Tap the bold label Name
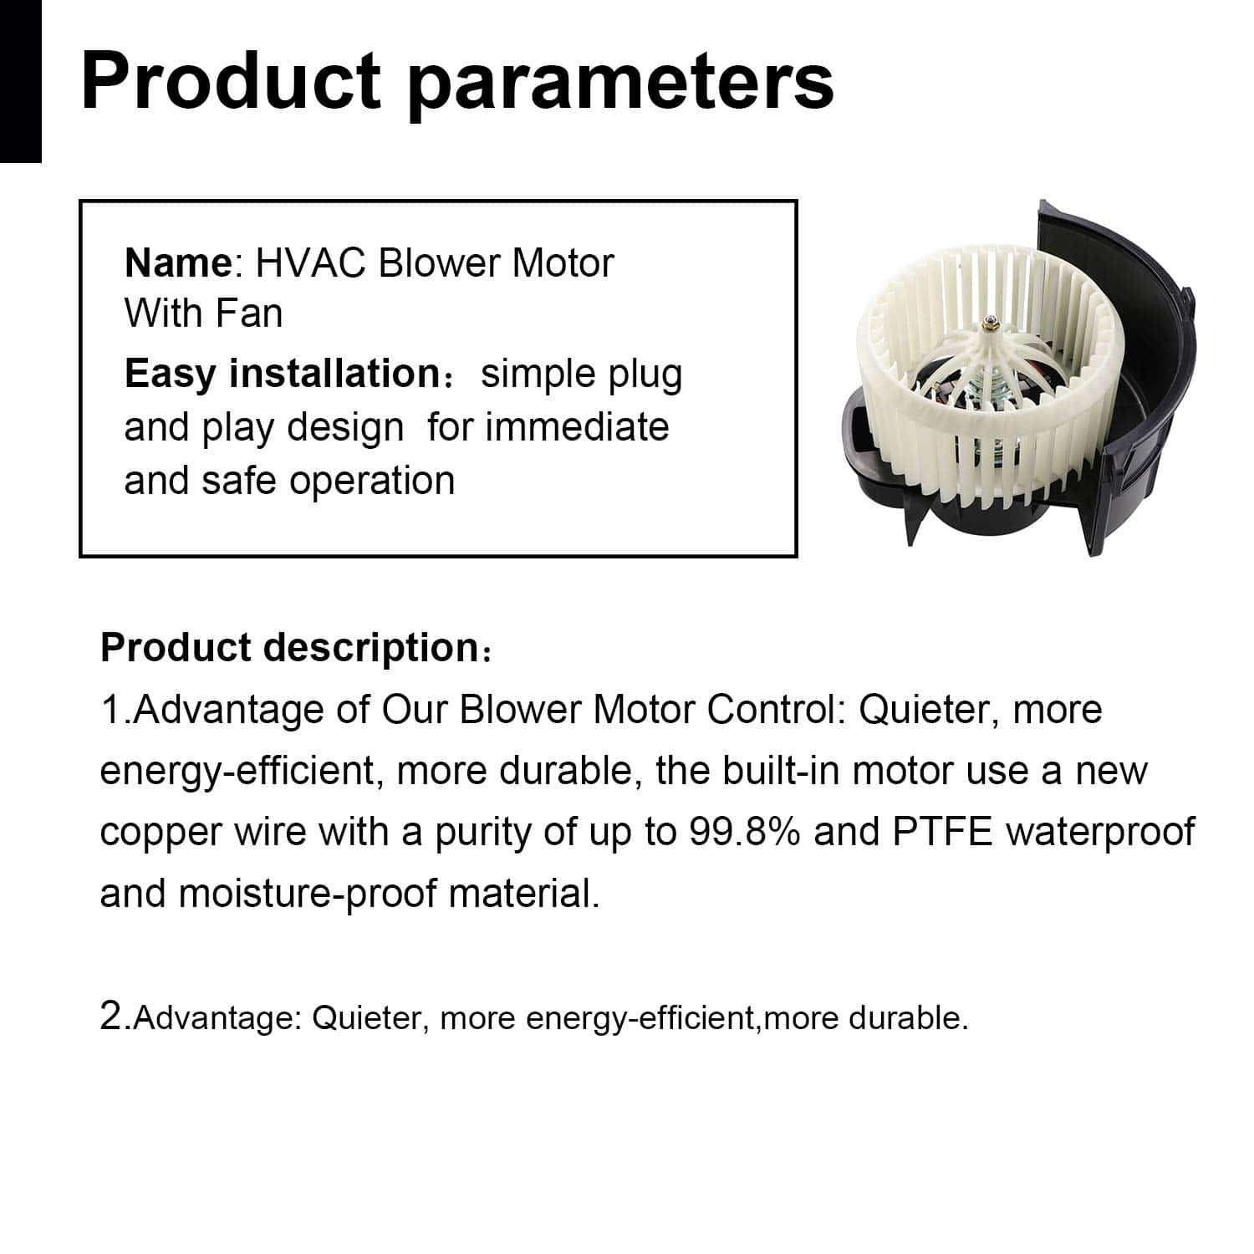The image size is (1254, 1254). (x=176, y=263)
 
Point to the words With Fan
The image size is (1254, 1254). (x=203, y=313)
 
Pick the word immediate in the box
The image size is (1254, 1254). (x=577, y=427)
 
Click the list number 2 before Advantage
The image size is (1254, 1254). (x=111, y=1017)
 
